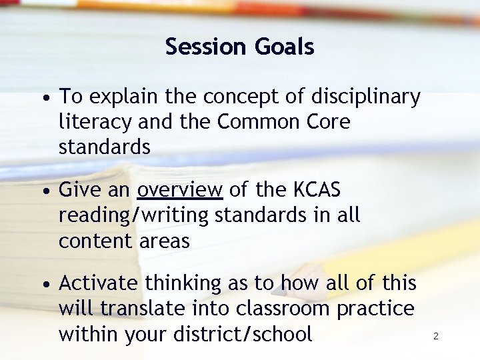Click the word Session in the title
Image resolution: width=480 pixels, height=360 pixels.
tap(207, 47)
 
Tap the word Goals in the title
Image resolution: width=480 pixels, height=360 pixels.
tap(284, 47)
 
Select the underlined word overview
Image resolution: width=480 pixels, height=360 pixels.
tap(180, 190)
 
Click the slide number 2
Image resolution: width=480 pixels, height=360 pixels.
tap(435, 336)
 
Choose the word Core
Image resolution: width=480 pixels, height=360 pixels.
tap(327, 123)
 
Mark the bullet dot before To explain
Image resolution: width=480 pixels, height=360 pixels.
tap(44, 98)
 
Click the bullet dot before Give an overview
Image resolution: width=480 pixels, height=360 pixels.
tap(44, 191)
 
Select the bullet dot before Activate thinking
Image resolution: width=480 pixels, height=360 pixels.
tap(44, 285)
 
